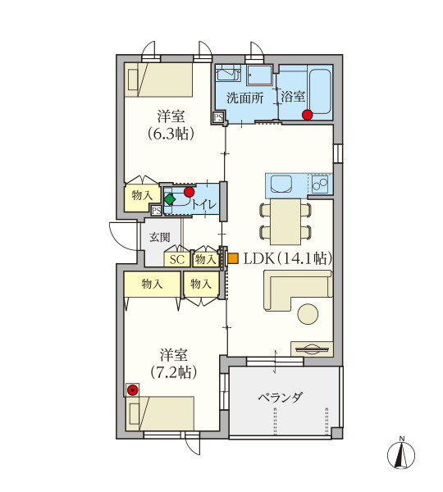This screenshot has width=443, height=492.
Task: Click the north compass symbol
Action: [x=401, y=455]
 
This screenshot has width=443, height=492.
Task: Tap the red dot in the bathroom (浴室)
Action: [x=308, y=115]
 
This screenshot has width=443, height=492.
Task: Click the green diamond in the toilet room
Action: [x=170, y=199]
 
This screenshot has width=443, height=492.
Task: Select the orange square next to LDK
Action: [x=233, y=258]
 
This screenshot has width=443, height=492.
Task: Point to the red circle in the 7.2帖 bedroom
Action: [x=133, y=390]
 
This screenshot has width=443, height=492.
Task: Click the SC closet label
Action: [x=176, y=259]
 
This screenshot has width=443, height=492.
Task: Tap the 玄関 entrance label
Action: [x=160, y=237]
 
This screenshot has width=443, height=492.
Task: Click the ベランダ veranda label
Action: [x=281, y=398]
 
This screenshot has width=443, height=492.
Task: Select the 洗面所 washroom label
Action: [x=245, y=98]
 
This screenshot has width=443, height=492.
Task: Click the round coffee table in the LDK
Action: [x=308, y=314]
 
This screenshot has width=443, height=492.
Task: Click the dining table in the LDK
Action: [x=285, y=221]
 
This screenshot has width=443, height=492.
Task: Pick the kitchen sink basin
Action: [x=281, y=184]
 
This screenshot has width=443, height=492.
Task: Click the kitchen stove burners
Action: [x=320, y=184]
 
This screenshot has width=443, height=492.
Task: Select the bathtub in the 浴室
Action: [x=320, y=91]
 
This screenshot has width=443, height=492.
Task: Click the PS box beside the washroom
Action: [x=218, y=117]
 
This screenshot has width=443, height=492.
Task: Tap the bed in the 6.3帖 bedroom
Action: [x=158, y=80]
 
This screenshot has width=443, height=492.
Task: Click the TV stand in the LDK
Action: [x=312, y=349]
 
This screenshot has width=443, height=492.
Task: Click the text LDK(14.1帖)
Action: [x=288, y=258]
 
